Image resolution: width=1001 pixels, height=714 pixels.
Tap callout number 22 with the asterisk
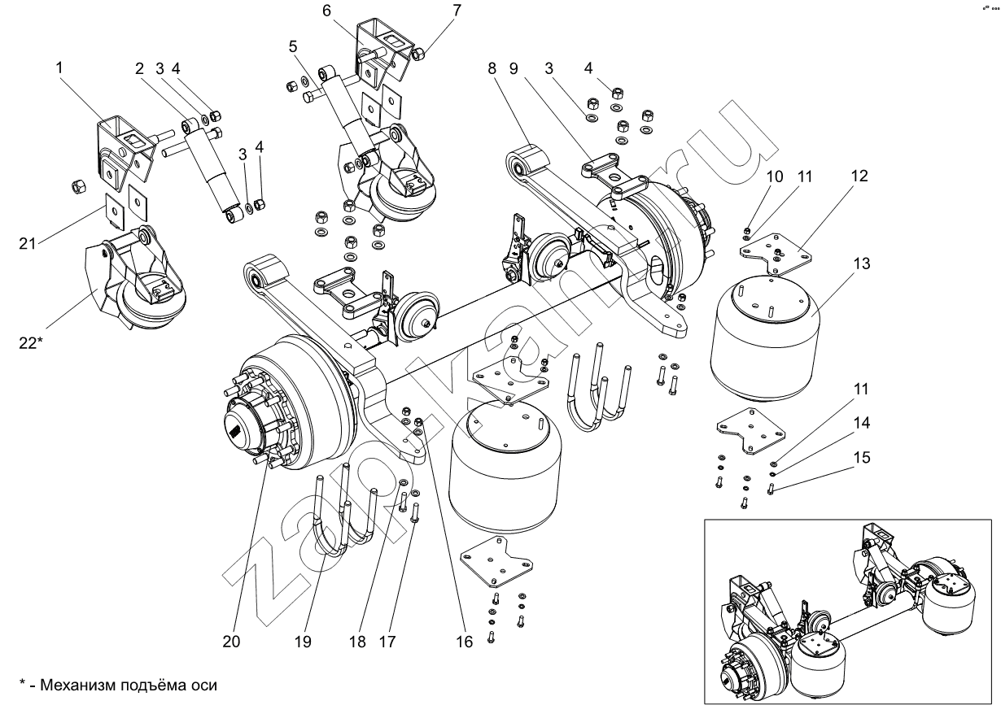point(29,344)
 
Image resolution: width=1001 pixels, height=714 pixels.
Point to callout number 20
point(231,642)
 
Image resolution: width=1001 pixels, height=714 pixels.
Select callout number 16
point(464,642)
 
